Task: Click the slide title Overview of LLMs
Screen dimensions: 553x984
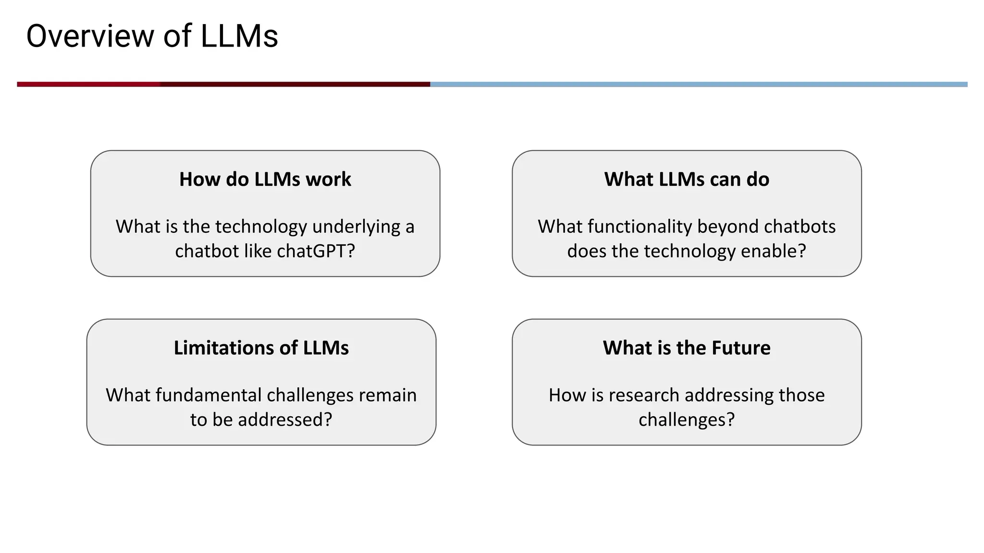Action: pyautogui.click(x=152, y=36)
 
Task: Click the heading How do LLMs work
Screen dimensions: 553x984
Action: pyautogui.click(x=265, y=179)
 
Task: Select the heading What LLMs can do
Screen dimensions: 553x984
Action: pyautogui.click(x=687, y=179)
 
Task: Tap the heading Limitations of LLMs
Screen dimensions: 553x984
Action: pyautogui.click(x=261, y=348)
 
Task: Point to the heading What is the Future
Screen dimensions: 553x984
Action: pyautogui.click(x=687, y=348)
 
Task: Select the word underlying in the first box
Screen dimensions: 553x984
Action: pyautogui.click(x=356, y=227)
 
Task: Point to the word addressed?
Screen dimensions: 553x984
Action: pyautogui.click(x=285, y=420)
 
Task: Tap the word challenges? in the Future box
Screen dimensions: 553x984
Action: pyautogui.click(x=687, y=420)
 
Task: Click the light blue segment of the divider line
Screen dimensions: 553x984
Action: pyautogui.click(x=697, y=84)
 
